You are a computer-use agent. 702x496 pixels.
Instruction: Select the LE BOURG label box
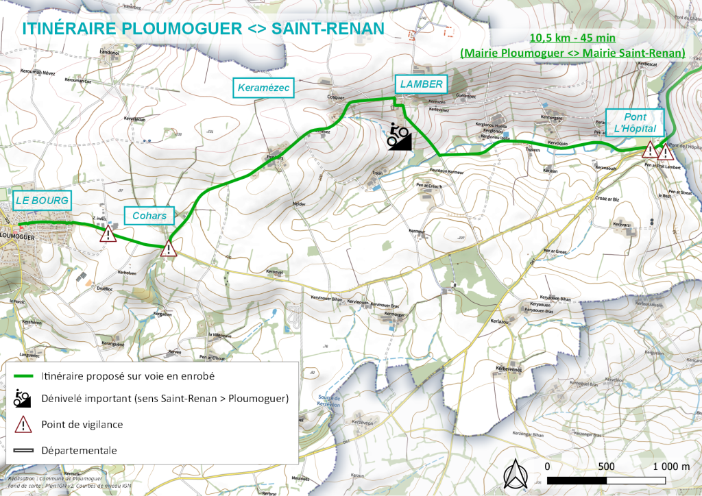(42, 201)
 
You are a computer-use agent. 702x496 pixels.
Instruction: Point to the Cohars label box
(149, 216)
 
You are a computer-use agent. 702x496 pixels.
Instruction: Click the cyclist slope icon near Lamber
(399, 136)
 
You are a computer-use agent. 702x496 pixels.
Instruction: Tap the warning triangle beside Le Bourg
(108, 235)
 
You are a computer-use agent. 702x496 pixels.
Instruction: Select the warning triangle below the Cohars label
(169, 248)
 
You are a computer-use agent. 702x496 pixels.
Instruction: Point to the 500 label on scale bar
(605, 467)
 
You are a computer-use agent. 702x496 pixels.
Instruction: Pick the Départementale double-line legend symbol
(24, 451)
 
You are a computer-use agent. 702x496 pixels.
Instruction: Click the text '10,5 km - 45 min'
(572, 38)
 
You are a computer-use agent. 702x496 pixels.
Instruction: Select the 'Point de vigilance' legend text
(82, 425)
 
